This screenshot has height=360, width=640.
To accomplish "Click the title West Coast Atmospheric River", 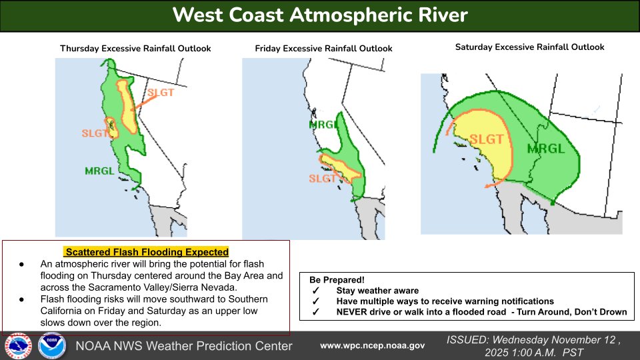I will [x=320, y=15].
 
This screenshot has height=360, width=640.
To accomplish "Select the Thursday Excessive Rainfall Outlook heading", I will [x=135, y=49].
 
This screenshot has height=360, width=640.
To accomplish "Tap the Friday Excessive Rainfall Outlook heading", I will [x=323, y=49].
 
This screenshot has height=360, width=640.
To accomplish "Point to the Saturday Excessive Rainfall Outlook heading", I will [x=529, y=47].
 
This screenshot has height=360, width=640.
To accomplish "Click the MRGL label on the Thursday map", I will [x=99, y=171].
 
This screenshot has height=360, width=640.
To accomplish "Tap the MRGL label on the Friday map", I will [x=324, y=125].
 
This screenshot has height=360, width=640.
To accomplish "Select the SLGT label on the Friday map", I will [x=322, y=179].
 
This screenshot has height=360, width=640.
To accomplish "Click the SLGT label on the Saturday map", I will [x=486, y=139].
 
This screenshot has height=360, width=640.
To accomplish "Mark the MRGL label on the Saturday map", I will [x=542, y=148].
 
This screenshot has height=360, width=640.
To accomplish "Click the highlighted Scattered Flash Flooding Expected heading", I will [x=146, y=252].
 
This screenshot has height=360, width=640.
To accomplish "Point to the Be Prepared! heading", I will [x=337, y=280].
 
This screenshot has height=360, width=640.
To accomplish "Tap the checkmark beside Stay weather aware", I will [x=315, y=291].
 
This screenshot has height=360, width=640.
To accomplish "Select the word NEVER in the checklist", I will [x=352, y=312].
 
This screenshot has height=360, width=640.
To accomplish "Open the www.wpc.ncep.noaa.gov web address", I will [x=372, y=345].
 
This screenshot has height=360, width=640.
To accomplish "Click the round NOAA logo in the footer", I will [x=51, y=346].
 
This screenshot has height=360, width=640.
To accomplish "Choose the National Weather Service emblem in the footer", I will [x=18, y=346].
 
